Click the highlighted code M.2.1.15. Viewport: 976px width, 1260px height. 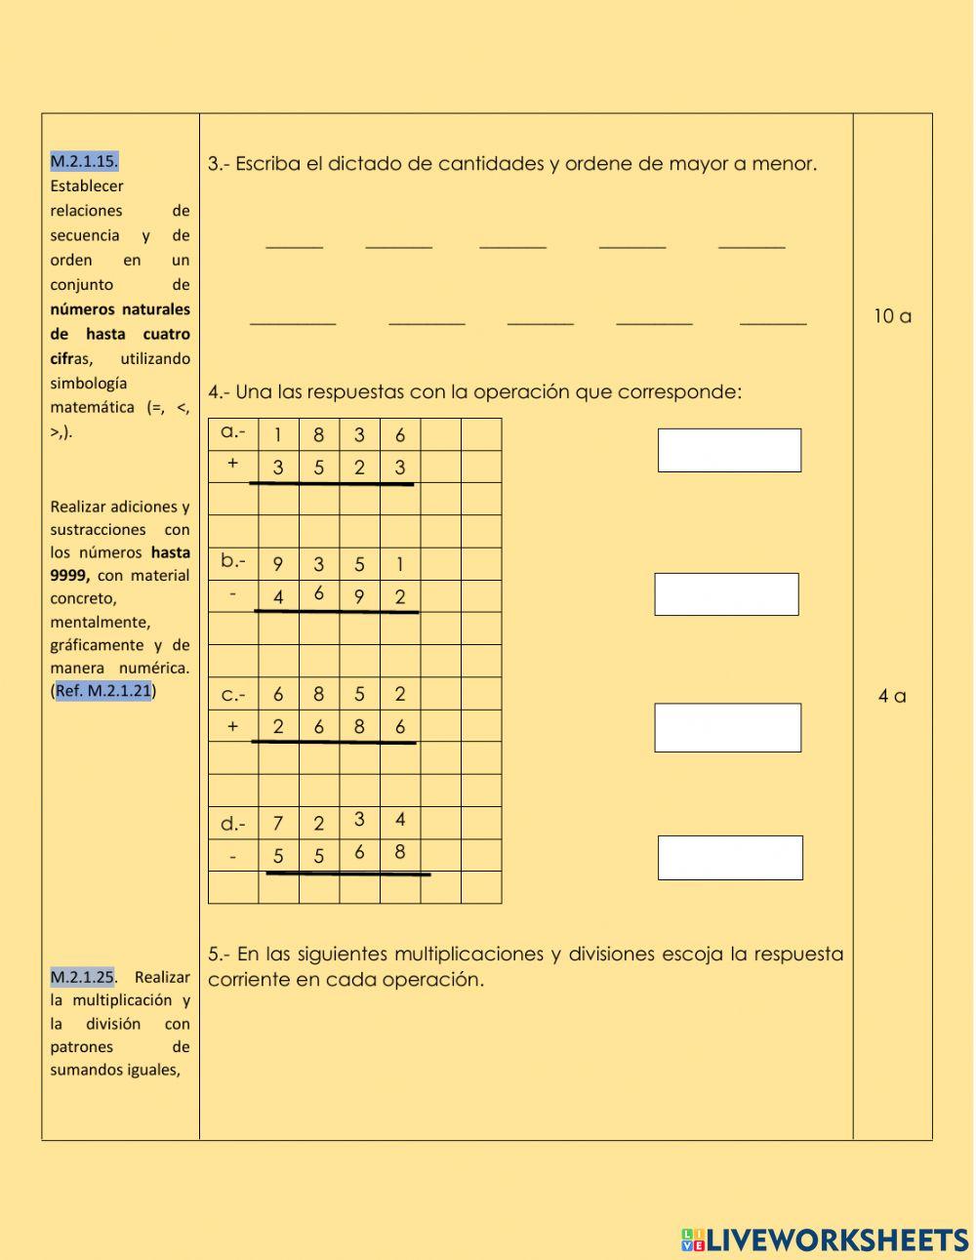point(84,161)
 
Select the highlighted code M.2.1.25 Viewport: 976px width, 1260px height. point(82,976)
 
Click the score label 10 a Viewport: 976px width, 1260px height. point(892,316)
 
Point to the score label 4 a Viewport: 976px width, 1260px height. point(892,696)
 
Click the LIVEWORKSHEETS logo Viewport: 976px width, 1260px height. point(825,1240)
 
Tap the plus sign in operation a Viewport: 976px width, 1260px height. point(232,465)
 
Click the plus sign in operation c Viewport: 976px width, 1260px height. point(232,726)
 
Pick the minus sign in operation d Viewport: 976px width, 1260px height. point(232,856)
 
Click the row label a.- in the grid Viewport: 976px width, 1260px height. point(233,432)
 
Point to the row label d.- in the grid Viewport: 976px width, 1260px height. point(233,824)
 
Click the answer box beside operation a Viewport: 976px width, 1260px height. point(729,450)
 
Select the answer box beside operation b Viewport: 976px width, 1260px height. point(726,594)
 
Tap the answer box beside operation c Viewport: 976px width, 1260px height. point(727,728)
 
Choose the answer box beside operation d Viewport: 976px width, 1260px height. point(730,858)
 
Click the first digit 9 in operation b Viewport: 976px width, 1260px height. point(278,565)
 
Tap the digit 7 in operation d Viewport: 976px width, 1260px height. point(278,824)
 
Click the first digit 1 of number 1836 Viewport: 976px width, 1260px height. point(278,435)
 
